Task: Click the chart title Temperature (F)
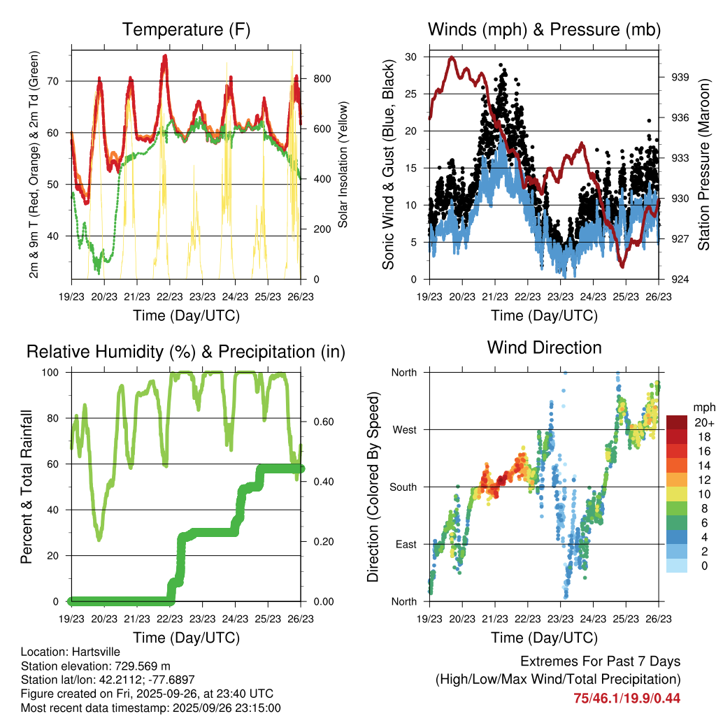[186, 29]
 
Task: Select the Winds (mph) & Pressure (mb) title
[544, 29]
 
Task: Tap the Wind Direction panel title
[544, 347]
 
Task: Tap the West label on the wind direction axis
[404, 429]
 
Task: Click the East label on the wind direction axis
[406, 544]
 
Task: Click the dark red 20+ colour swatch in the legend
[677, 422]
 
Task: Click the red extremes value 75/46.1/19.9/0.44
[627, 698]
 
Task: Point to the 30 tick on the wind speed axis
[411, 57]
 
